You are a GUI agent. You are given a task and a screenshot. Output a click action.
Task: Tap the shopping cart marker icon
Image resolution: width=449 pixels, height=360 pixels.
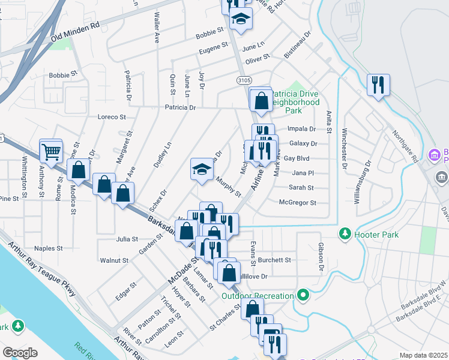(x=51, y=152)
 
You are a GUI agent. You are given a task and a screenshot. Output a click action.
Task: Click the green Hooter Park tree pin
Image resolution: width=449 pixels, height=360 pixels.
(x=345, y=233)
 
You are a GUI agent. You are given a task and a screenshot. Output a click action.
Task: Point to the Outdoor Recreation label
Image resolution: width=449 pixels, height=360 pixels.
(x=258, y=295)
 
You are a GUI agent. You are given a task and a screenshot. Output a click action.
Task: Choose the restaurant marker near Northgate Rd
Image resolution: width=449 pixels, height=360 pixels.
(x=378, y=85)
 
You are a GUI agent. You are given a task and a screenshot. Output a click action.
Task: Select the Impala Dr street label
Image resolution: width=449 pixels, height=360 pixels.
(x=302, y=129)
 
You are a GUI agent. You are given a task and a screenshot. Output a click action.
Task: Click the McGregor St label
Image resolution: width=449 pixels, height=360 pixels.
(x=298, y=203)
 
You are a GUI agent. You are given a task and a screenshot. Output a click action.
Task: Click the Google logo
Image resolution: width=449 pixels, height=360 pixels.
(x=20, y=353)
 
